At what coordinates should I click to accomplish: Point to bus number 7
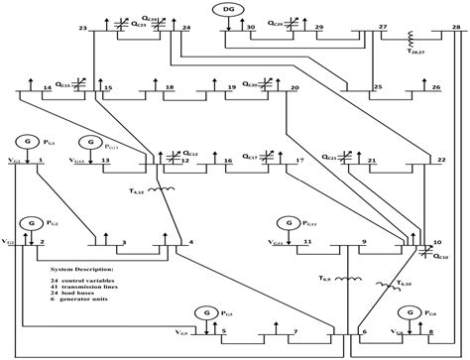294,330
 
